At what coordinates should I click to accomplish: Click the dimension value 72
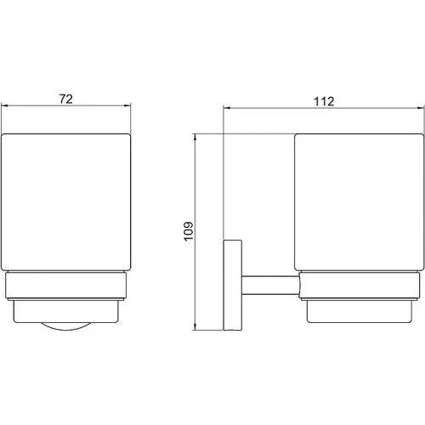pos(66,99)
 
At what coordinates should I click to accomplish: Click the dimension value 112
pos(324,101)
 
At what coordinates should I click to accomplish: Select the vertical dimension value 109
pos(189,231)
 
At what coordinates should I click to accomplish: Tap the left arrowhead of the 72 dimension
pos(5,106)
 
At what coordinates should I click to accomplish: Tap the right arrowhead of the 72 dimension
pos(127,106)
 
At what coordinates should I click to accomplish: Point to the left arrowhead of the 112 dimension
pos(227,108)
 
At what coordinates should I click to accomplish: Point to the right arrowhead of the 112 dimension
pos(421,108)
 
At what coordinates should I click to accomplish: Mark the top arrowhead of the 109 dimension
pos(195,138)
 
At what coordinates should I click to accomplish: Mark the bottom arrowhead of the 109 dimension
pos(195,326)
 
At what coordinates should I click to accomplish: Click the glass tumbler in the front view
pos(66,201)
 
